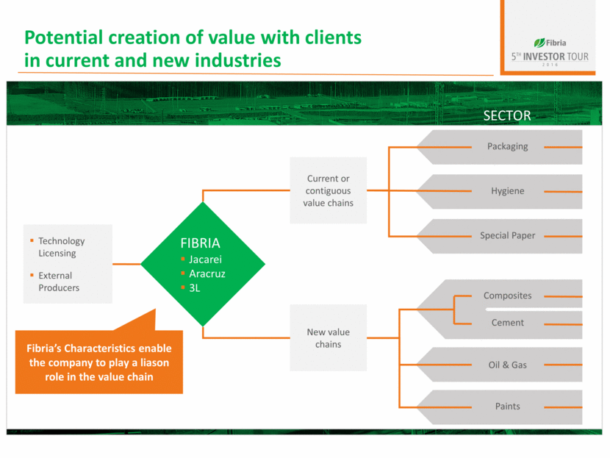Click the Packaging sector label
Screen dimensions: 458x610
coord(507,146)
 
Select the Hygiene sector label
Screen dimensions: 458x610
coord(507,191)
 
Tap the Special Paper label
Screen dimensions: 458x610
coord(507,236)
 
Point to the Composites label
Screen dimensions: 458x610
coord(507,296)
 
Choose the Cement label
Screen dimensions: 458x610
coord(507,323)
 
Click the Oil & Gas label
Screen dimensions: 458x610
coord(507,365)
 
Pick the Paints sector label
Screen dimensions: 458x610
coord(507,407)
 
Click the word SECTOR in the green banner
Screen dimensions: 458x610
coord(506,116)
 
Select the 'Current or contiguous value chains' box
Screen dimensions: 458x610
coord(328,190)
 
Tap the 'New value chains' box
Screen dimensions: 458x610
coord(328,338)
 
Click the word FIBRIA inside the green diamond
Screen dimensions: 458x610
coord(200,243)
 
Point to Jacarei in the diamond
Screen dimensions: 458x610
coord(205,260)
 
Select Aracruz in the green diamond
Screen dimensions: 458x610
coord(207,274)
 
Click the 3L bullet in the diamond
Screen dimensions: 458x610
coord(195,288)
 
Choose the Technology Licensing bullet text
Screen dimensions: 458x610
coord(62,247)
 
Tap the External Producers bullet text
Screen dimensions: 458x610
coord(59,282)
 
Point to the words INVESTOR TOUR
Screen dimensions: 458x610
coord(556,57)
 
